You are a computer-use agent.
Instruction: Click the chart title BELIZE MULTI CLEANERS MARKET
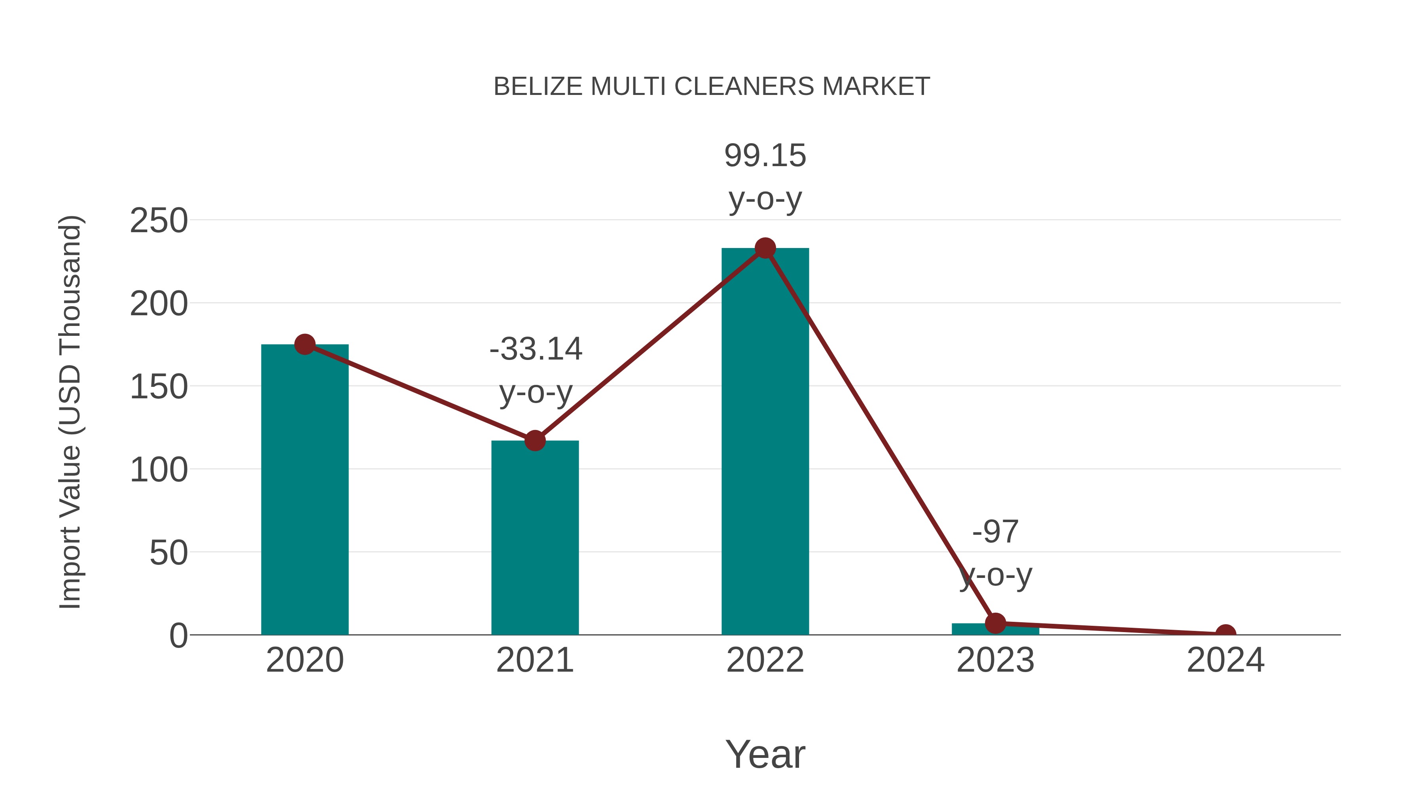[712, 87]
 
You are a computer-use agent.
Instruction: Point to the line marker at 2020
[305, 345]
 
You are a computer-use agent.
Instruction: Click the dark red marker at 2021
[534, 441]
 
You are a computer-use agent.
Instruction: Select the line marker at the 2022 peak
[765, 248]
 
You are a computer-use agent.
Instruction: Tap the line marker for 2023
[995, 623]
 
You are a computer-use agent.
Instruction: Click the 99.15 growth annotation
[765, 156]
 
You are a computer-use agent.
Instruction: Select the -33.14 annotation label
[536, 349]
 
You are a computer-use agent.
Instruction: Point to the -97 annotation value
[995, 532]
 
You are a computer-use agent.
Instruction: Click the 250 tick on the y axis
[159, 221]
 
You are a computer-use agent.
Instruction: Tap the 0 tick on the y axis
[178, 636]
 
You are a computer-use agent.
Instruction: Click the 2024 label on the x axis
[1225, 660]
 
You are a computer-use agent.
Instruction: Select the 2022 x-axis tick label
[765, 660]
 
